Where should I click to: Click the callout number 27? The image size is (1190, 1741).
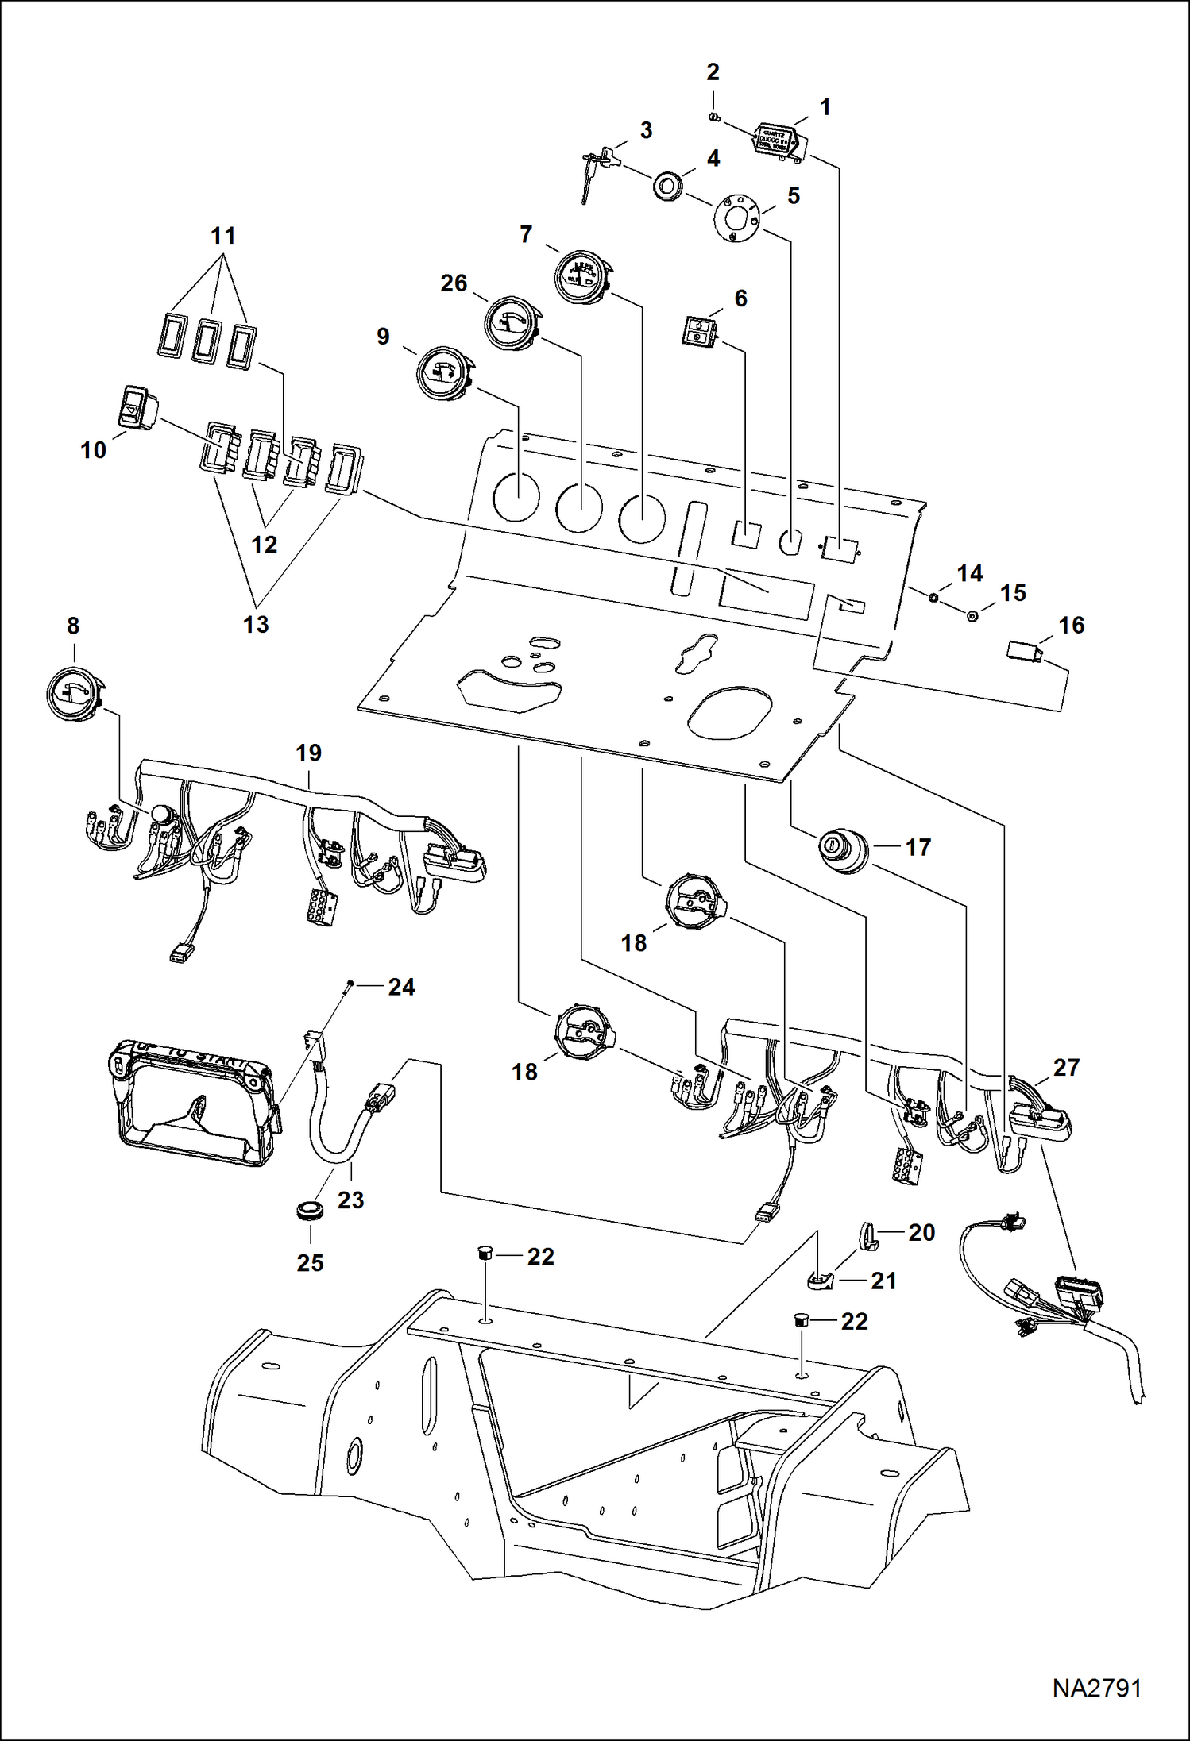1066,1067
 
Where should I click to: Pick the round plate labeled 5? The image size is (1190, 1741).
738,216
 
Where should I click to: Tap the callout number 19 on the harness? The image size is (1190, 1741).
309,753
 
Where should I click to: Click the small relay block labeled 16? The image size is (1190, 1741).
1022,653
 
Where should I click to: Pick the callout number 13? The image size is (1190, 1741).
256,625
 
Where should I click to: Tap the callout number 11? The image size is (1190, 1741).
223,236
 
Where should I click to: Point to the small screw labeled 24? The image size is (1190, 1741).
349,987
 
